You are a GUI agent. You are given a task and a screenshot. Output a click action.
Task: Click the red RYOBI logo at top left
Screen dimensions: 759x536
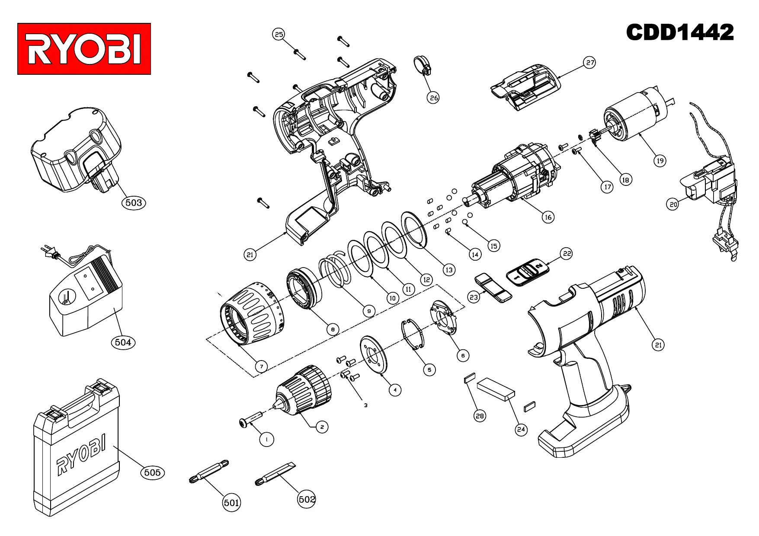(x=84, y=49)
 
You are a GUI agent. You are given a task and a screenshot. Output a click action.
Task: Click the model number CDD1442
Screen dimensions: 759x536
(x=680, y=32)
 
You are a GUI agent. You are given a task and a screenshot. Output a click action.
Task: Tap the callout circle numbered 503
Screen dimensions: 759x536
(x=134, y=202)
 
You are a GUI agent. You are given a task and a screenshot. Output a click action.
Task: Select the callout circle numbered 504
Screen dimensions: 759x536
(x=123, y=342)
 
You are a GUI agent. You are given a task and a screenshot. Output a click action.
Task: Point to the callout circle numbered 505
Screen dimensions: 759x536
(x=153, y=472)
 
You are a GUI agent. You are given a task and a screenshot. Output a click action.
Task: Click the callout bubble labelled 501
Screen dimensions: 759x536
(x=231, y=503)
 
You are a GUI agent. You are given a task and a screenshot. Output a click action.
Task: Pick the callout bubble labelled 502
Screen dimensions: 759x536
(x=307, y=499)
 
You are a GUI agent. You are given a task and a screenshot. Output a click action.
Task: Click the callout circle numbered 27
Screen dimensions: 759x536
(x=590, y=62)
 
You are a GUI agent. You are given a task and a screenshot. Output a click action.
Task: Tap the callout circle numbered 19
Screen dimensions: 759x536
(x=660, y=161)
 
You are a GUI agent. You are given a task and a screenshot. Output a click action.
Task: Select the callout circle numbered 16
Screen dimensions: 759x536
(x=548, y=217)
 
